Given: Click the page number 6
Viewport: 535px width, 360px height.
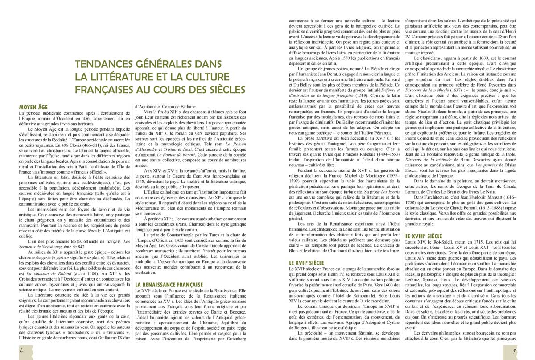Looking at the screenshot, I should click(x=21, y=351).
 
